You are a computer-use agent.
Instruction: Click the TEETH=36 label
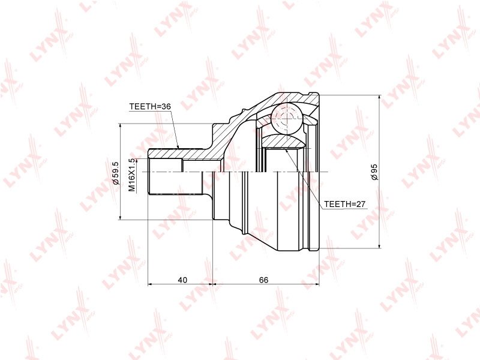[149, 107]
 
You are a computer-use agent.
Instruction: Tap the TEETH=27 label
[344, 204]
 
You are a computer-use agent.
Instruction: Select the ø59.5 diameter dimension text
[115, 173]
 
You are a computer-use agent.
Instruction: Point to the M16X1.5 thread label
[131, 175]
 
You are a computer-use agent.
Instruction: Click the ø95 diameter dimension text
[374, 172]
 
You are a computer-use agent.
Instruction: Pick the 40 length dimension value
[182, 280]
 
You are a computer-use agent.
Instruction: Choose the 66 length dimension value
[263, 280]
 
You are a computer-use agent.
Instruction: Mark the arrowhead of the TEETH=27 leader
[286, 151]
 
